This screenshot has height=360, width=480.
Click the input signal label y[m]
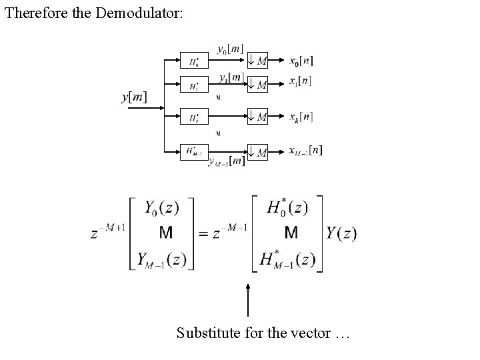coord(134,97)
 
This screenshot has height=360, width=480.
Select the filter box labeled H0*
coord(193,61)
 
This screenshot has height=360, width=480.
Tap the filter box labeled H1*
coord(193,85)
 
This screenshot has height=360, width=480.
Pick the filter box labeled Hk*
coord(193,117)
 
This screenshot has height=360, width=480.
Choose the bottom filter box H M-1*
coord(193,152)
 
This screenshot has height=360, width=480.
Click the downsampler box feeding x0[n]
coord(257,61)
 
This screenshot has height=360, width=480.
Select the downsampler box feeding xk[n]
coord(257,117)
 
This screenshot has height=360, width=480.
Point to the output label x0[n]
coord(301,61)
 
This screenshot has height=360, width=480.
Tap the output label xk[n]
coord(301,117)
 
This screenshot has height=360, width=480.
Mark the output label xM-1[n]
coord(305,151)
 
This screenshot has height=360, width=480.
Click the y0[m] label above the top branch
coord(231,49)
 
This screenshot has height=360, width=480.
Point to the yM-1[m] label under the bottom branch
coord(226,162)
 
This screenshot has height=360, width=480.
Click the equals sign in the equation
coord(204,234)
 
